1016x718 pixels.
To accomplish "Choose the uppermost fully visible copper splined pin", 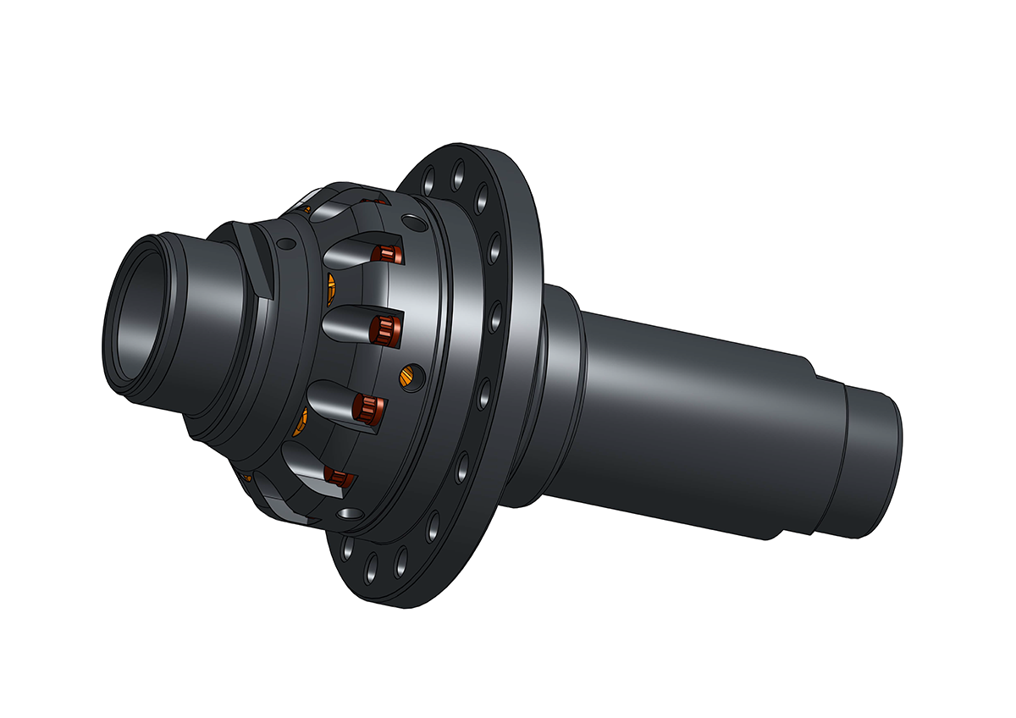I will tap(389, 254).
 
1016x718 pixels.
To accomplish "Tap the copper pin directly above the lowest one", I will tap(367, 409).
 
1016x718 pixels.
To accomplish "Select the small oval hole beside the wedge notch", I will tap(286, 244).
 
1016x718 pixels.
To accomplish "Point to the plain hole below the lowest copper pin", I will tap(346, 514).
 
